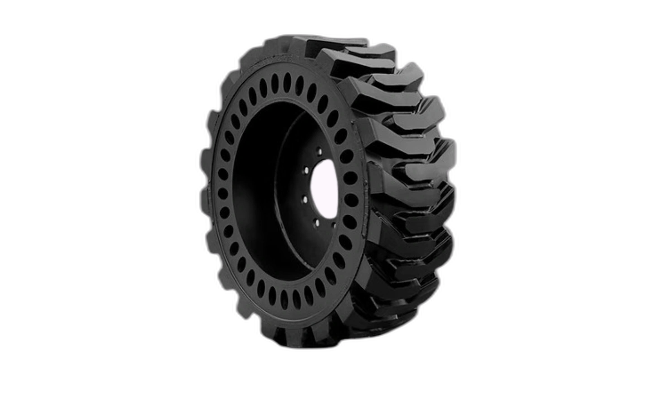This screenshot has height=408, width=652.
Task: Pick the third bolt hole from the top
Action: [305, 199]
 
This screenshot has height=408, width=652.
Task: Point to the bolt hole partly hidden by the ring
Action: [334, 226]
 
